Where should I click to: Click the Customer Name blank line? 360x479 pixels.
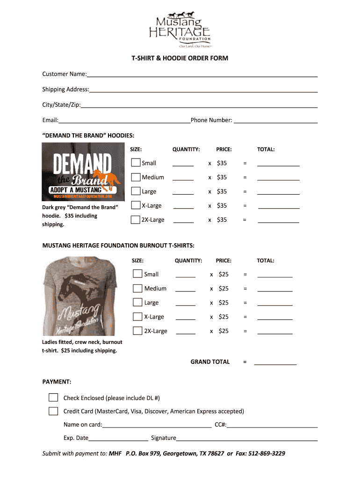[202, 75]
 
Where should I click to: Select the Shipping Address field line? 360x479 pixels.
[203, 91]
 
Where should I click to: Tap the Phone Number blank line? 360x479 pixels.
[275, 122]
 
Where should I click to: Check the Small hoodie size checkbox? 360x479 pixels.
[136, 163]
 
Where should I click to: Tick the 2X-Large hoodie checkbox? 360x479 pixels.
[136, 219]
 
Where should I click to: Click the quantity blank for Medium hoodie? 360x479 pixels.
[183, 179]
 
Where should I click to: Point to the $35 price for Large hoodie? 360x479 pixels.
[222, 191]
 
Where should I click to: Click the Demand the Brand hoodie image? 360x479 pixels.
[83, 172]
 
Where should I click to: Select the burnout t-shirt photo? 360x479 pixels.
[79, 295]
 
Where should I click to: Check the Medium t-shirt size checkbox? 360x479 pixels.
[137, 288]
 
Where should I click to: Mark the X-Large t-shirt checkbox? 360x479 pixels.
[137, 317]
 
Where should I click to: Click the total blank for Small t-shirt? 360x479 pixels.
[275, 276]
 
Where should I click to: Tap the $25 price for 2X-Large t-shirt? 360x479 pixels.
[223, 331]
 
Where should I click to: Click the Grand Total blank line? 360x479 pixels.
[275, 363]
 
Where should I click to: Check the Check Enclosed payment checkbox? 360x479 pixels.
[53, 398]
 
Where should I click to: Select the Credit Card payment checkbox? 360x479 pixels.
[53, 411]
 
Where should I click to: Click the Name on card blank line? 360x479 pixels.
[157, 427]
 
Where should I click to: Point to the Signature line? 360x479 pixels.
[247, 440]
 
